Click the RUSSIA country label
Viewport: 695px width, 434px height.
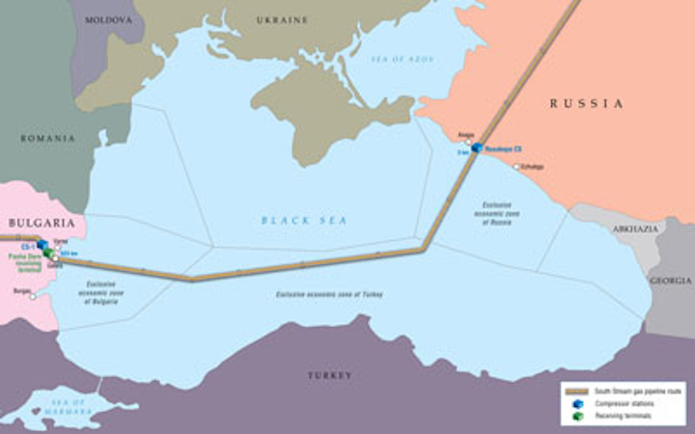(x=586, y=103)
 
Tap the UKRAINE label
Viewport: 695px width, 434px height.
(x=282, y=19)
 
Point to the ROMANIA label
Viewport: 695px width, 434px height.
(x=47, y=138)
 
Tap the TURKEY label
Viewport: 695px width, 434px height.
(x=330, y=374)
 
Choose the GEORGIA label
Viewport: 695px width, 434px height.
(x=670, y=281)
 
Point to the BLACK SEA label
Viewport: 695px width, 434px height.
(x=303, y=220)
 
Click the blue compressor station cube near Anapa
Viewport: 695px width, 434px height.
(x=477, y=148)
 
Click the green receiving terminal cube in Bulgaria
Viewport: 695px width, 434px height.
(x=47, y=253)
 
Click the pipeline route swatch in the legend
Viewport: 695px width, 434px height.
(x=577, y=391)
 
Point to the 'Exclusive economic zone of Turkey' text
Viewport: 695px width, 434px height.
(x=329, y=293)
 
